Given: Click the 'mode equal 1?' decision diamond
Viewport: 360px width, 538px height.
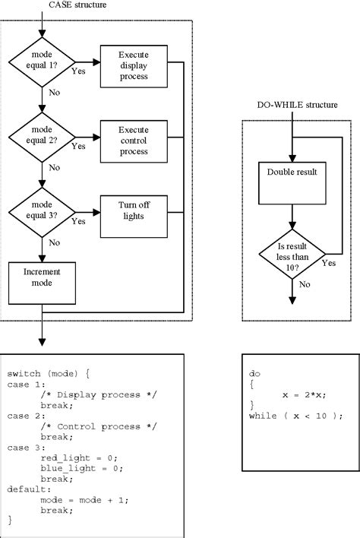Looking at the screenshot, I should [41, 61].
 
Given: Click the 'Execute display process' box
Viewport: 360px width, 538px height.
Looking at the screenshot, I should [134, 66].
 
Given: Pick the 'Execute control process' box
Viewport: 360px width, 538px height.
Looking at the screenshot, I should [134, 140].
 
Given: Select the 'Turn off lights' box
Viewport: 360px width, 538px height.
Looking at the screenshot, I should [134, 210].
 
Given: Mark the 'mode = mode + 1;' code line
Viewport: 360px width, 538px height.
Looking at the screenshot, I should [77, 501].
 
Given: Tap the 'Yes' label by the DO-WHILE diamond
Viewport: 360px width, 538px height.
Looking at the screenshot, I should [329, 263].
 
